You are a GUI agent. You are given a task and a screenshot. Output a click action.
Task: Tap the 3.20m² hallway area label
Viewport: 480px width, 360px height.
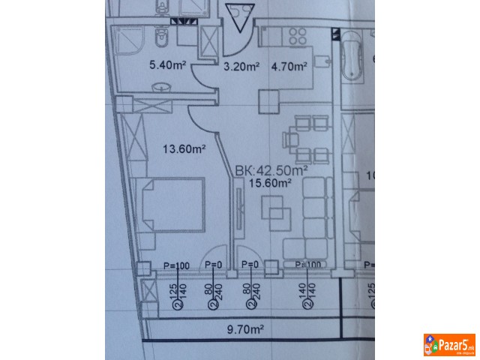click(x=241, y=66)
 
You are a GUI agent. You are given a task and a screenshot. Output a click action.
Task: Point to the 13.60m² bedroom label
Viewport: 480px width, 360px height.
click(x=184, y=149)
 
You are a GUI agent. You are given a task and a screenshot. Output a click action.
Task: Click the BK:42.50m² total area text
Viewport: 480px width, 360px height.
click(x=271, y=170)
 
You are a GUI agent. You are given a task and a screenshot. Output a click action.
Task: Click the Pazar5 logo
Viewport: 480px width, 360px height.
click(x=449, y=346)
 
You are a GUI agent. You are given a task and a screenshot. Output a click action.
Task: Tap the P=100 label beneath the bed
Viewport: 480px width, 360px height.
click(x=177, y=265)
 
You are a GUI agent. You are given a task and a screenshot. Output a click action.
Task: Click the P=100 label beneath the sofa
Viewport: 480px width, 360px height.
click(x=307, y=265)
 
